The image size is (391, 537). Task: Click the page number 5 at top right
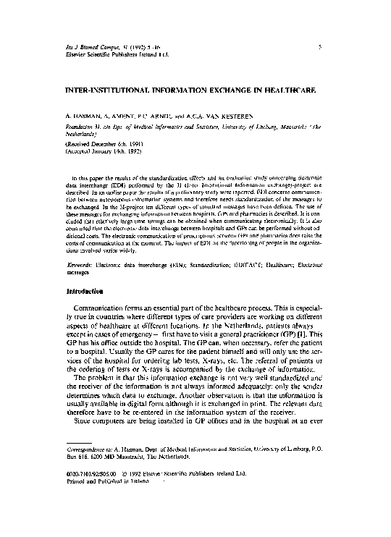[x=340, y=46]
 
